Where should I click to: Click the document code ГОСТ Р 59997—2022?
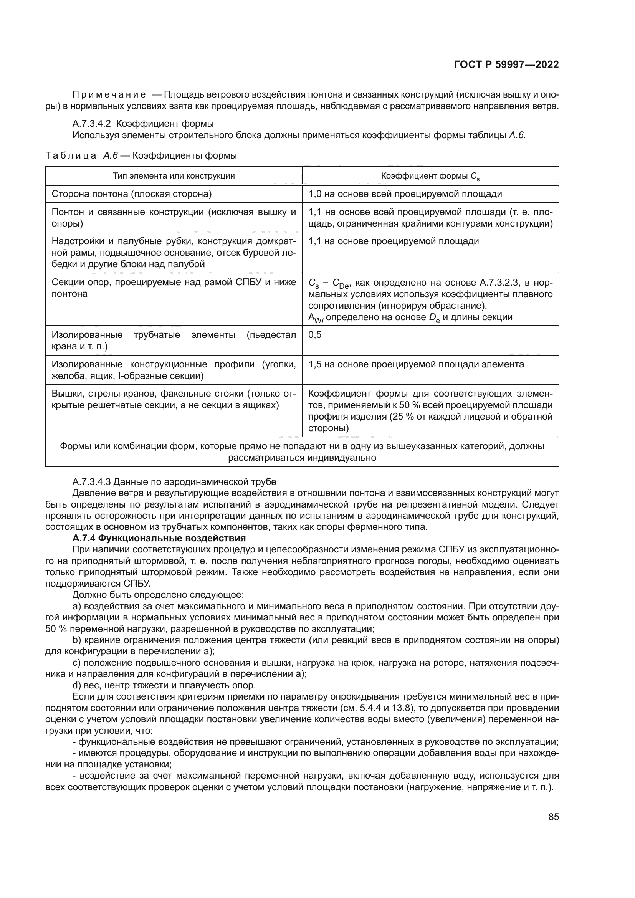(x=506, y=65)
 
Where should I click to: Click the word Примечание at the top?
(x=109, y=95)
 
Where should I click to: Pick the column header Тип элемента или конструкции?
(x=174, y=176)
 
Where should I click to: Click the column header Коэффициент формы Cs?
(x=430, y=176)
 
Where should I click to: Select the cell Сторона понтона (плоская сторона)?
(x=132, y=194)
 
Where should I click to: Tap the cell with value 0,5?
(x=315, y=335)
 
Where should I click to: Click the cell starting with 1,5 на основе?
(x=416, y=364)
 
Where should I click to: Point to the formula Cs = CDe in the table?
(x=331, y=283)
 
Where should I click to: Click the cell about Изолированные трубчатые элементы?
(x=174, y=340)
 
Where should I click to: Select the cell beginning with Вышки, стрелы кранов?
(x=174, y=399)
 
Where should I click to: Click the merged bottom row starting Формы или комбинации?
(x=302, y=452)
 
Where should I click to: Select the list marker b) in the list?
(x=77, y=640)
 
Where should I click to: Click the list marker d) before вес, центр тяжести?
(x=77, y=685)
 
